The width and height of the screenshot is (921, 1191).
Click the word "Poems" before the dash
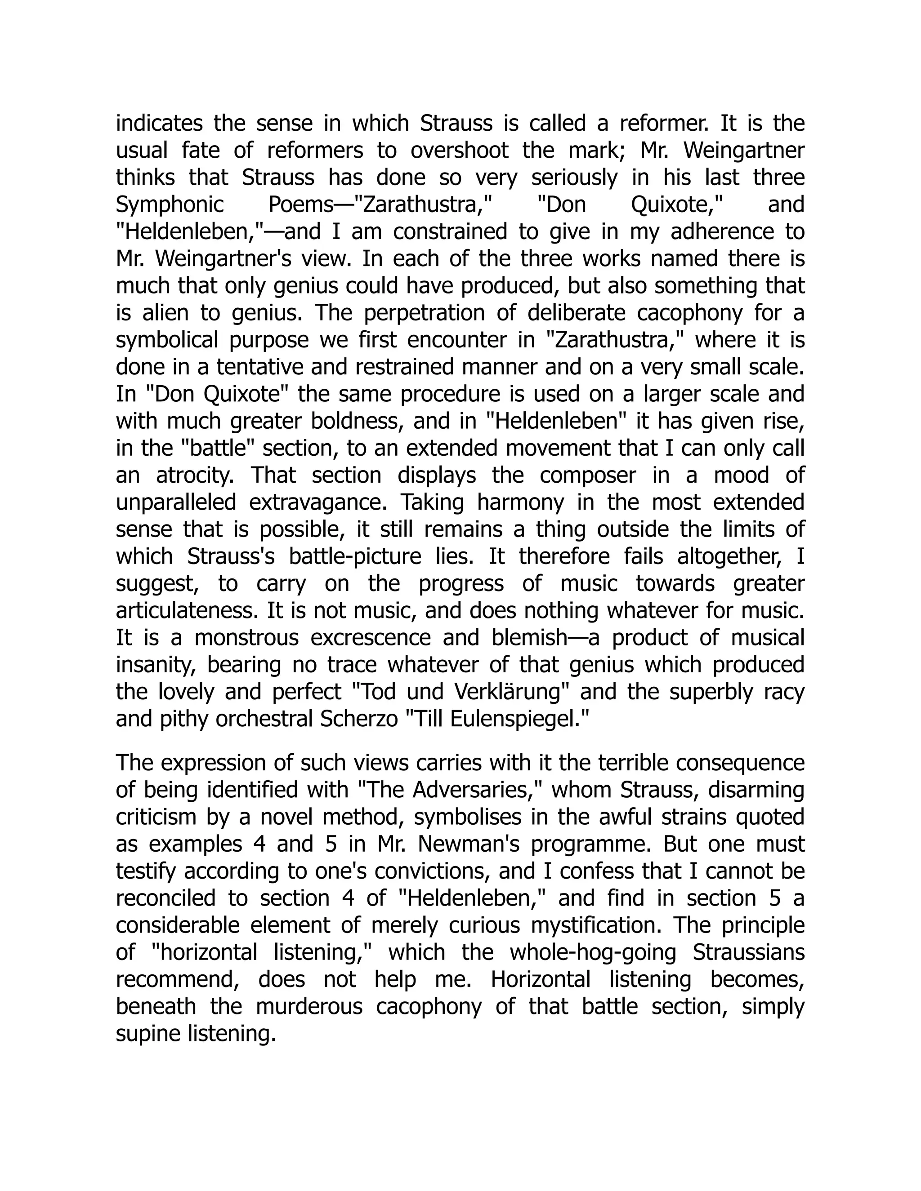[x=300, y=205]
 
